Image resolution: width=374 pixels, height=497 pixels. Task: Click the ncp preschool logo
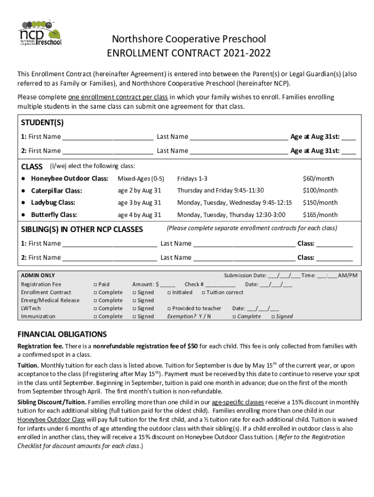point(39,33)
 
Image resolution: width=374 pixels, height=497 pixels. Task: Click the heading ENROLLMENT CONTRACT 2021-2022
point(189,53)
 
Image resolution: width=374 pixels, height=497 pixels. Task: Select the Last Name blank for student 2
point(238,151)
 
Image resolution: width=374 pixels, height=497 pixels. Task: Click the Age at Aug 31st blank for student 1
point(348,137)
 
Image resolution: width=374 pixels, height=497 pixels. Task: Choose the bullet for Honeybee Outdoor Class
point(23,179)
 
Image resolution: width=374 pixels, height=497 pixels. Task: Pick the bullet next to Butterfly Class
point(23,215)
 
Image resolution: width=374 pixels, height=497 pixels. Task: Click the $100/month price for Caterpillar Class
point(320,191)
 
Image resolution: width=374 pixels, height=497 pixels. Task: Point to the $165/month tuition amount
point(320,215)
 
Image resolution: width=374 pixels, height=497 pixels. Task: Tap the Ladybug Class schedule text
point(234,202)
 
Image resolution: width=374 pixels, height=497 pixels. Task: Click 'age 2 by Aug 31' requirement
point(139,191)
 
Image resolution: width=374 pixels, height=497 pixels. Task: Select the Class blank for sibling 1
point(335,244)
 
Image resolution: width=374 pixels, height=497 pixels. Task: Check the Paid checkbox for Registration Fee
point(95,284)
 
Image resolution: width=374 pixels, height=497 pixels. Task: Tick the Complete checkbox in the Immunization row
point(95,316)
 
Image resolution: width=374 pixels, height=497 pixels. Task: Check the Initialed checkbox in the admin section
point(169,293)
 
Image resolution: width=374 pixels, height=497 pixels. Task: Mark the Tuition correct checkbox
point(204,293)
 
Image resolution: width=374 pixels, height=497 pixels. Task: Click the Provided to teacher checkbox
point(169,309)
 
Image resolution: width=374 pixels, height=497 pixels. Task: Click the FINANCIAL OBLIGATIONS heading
point(62,334)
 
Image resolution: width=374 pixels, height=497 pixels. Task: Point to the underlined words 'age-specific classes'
point(238,402)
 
